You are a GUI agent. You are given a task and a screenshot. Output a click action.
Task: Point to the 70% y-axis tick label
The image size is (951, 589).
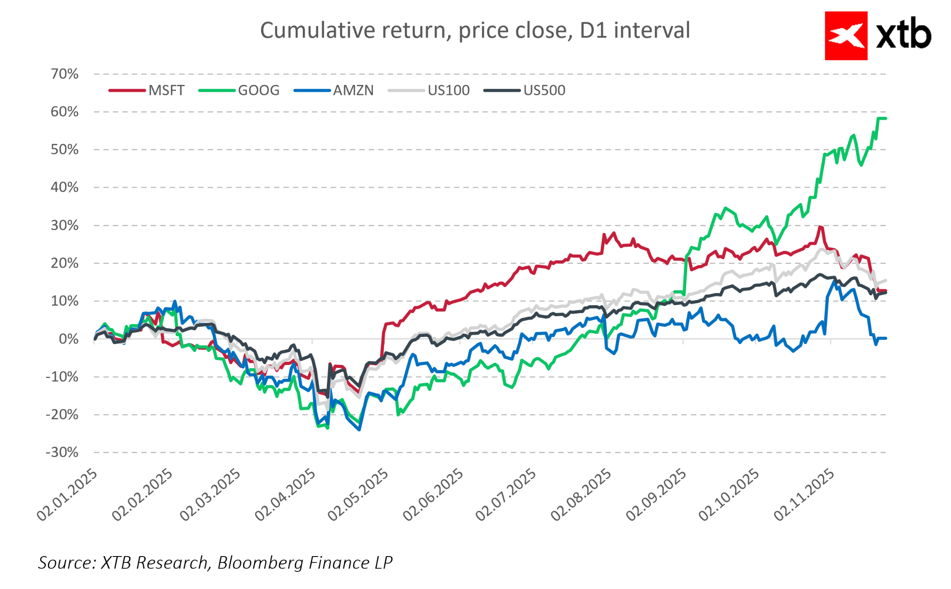click(65, 74)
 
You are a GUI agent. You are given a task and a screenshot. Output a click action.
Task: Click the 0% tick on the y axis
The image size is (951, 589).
click(68, 339)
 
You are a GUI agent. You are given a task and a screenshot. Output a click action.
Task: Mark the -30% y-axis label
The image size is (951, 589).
click(62, 452)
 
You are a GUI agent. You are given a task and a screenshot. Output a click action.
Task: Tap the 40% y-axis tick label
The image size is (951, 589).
click(65, 187)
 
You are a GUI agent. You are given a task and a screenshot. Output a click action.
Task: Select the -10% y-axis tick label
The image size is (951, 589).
click(62, 377)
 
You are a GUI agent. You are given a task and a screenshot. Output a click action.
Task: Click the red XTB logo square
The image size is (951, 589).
click(846, 36)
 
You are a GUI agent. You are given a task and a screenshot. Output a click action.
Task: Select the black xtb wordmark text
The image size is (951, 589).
click(903, 36)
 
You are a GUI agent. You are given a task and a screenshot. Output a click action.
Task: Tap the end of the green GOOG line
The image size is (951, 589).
click(886, 119)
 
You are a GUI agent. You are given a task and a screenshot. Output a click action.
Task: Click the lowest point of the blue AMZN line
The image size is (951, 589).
click(359, 430)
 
